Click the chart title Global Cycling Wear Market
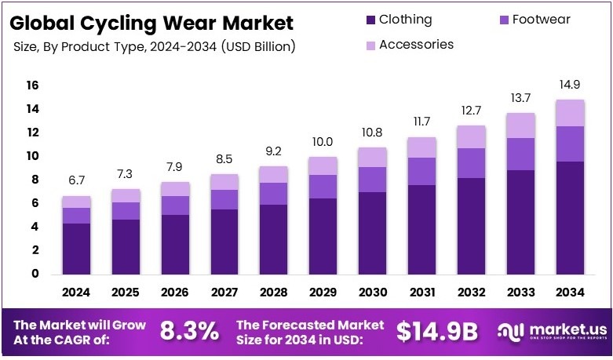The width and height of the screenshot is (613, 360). click(153, 23)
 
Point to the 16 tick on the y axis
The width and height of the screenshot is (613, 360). click(32, 85)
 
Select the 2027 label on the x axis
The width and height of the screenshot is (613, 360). click(225, 293)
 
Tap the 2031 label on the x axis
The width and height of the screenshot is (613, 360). click(421, 293)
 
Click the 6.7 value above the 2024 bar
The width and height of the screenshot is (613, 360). click(77, 182)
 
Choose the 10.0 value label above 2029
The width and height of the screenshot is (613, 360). click(323, 142)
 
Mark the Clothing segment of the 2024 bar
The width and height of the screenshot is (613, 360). click(77, 248)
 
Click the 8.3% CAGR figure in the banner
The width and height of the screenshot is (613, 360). click(189, 332)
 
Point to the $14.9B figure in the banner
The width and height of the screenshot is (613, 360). click(437, 332)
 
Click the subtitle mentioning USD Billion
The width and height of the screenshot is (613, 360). click(155, 47)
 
